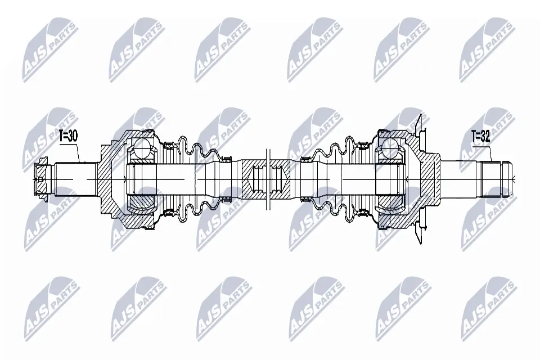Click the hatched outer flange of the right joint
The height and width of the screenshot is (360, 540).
tap(427, 174)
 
